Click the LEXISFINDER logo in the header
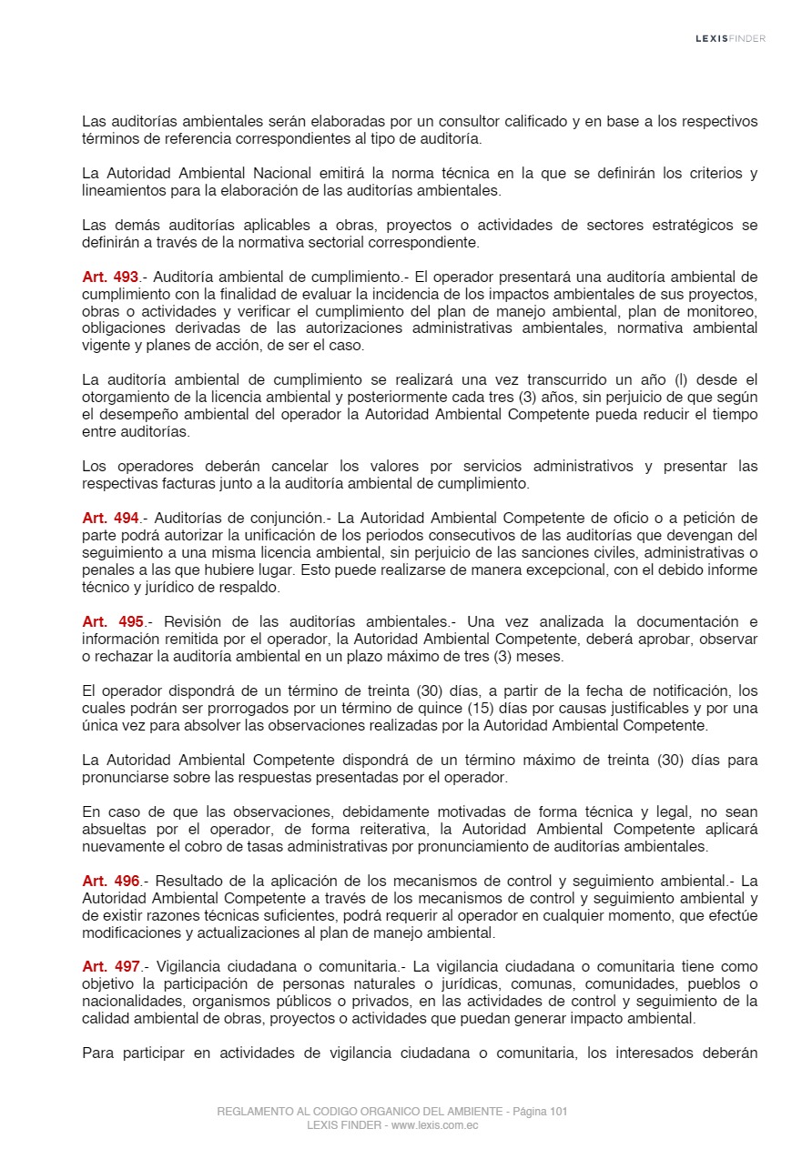[730, 38]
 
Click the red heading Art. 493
[110, 277]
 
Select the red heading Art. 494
[110, 519]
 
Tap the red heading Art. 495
[113, 622]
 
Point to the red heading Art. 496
[110, 882]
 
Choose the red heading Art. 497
[110, 967]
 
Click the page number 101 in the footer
[559, 1112]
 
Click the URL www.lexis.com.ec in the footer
[435, 1125]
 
